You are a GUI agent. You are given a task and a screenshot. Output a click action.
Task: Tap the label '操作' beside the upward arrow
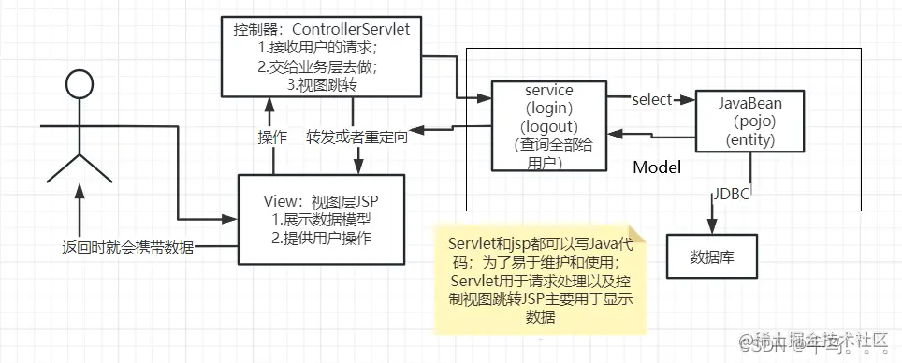click(x=271, y=135)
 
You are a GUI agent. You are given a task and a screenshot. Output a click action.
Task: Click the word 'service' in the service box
click(x=551, y=90)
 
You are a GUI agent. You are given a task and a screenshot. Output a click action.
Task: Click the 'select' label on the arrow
click(x=652, y=99)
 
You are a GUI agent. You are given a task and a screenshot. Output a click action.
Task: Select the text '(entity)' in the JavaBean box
click(x=751, y=139)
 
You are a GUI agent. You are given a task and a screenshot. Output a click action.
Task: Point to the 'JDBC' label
click(x=733, y=195)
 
